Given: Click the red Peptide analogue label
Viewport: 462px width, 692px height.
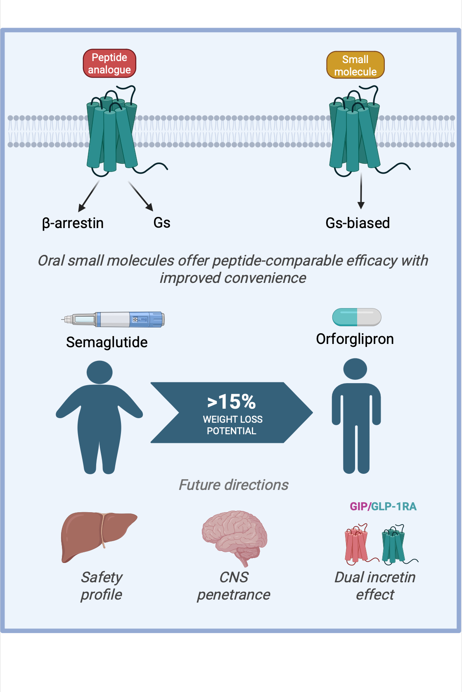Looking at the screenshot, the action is click(109, 64).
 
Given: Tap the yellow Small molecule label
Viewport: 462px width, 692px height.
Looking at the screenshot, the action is click(355, 65).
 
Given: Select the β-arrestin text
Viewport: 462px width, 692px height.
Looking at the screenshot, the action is click(73, 223).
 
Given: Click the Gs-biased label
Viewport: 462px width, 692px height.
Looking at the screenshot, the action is click(358, 223).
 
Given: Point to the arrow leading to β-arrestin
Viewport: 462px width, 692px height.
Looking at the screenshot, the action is click(89, 196).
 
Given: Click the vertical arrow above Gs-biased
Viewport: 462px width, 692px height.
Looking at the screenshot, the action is click(361, 190).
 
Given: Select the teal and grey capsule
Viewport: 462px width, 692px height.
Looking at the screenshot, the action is click(357, 317).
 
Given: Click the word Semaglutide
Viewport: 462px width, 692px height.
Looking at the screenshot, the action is click(107, 342).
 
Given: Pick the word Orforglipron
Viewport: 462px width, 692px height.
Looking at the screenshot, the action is click(355, 339).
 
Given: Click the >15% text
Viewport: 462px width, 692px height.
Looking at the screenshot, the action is click(231, 402).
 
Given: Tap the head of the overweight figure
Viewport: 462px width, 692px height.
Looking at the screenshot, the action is click(100, 372).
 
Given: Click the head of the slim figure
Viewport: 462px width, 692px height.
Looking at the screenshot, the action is click(355, 369).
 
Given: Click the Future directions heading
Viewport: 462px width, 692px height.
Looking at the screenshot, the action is click(234, 485).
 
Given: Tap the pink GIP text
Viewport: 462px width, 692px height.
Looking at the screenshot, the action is click(359, 506).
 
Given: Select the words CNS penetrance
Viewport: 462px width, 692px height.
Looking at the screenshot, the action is click(234, 586).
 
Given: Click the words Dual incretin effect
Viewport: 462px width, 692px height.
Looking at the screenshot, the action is click(375, 586).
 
